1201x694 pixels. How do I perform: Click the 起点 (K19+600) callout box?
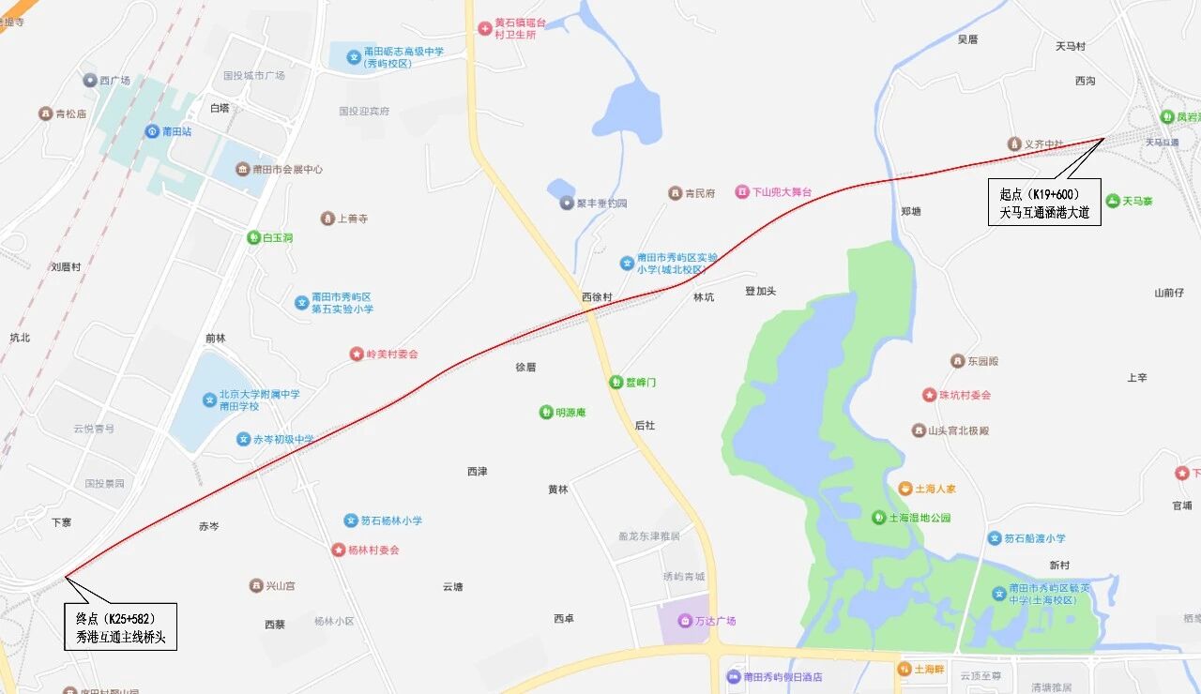[1044, 203]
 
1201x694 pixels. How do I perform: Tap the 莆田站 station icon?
[151, 131]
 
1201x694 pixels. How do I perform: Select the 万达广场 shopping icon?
[686, 621]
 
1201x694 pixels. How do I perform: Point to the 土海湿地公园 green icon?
[878, 517]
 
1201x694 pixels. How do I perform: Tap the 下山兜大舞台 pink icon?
[741, 192]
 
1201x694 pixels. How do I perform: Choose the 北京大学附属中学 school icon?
[209, 400]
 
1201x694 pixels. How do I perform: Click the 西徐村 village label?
[597, 297]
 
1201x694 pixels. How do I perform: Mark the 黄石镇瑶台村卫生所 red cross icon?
[484, 28]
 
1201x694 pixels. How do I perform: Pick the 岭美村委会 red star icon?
[357, 354]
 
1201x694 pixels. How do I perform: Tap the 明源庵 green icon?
[545, 412]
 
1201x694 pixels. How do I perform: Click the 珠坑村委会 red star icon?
[929, 395]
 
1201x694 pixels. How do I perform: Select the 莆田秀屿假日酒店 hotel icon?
[733, 676]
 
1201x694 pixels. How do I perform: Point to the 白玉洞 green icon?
[253, 237]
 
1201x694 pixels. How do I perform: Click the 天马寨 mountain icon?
[1113, 201]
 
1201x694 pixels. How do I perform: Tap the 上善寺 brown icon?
[327, 219]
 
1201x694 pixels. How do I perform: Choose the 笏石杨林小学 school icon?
[352, 520]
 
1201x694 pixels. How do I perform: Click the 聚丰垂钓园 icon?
[567, 203]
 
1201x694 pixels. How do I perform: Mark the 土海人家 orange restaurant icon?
[905, 489]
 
